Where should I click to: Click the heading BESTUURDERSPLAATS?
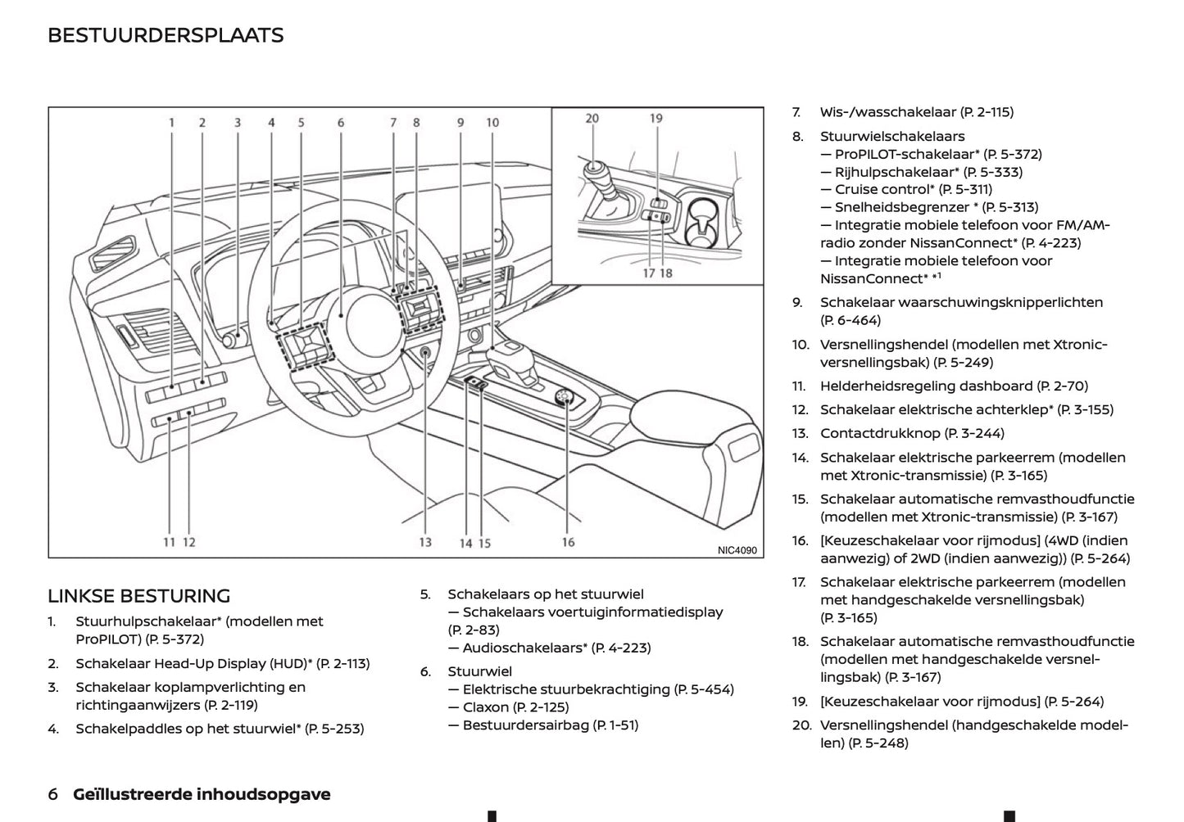(x=166, y=35)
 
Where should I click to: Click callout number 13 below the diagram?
(x=425, y=542)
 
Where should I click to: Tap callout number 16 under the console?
(x=568, y=542)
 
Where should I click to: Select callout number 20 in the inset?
(x=592, y=118)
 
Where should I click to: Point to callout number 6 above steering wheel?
(x=341, y=123)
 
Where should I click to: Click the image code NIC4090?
(x=737, y=551)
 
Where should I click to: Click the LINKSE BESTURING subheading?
(x=138, y=596)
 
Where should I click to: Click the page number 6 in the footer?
(x=53, y=794)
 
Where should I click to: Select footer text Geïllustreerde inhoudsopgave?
(x=202, y=794)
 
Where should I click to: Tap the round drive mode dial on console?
(x=564, y=398)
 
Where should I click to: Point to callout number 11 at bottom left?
(x=169, y=542)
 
